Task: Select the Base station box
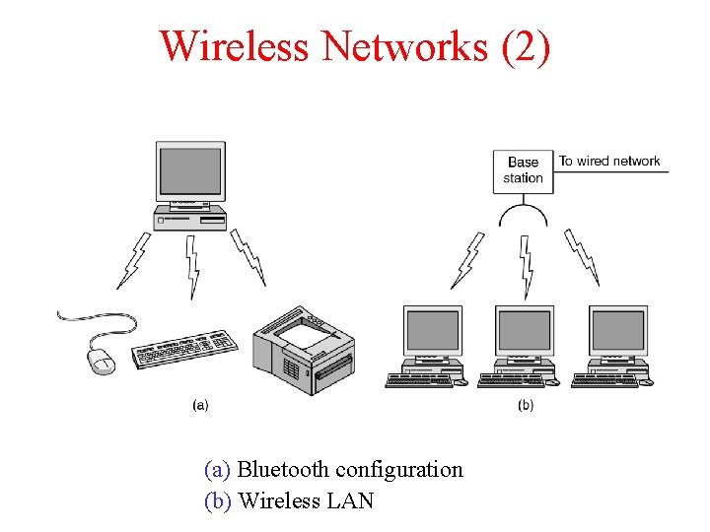click(x=523, y=169)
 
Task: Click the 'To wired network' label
click(x=609, y=161)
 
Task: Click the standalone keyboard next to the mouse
click(x=185, y=349)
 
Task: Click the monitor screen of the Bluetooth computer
click(x=190, y=171)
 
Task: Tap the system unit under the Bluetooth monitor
click(x=190, y=218)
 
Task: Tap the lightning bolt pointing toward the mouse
click(x=133, y=260)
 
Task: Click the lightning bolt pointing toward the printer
click(x=249, y=258)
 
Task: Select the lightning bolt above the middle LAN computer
click(x=527, y=264)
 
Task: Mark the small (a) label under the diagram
click(x=200, y=405)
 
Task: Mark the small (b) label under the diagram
click(x=525, y=405)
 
